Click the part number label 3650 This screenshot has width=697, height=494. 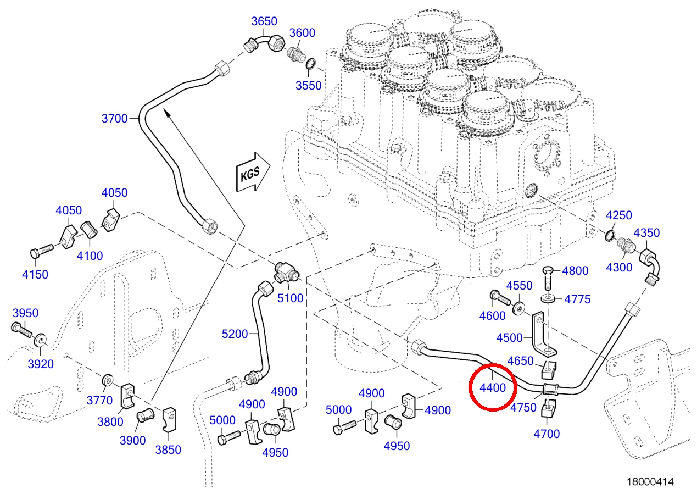(x=264, y=21)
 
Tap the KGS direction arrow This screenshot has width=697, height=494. (x=253, y=172)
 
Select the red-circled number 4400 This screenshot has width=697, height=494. (x=493, y=387)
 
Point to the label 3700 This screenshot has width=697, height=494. (x=114, y=118)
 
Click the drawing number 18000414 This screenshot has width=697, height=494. (x=650, y=482)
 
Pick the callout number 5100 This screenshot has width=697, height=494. (x=290, y=298)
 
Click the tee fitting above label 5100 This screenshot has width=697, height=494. (x=287, y=272)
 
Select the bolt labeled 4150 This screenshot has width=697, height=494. (x=42, y=251)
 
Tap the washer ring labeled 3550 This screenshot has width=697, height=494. (x=310, y=64)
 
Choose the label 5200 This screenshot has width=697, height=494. (x=235, y=334)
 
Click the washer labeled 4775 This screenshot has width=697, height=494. (x=549, y=298)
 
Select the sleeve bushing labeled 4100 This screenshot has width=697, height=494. (x=90, y=230)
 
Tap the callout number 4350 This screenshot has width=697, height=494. (x=646, y=233)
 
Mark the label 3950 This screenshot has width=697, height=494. (x=25, y=313)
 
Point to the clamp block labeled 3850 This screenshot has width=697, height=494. (x=169, y=420)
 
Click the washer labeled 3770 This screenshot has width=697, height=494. (x=108, y=380)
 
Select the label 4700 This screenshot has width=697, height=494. (x=547, y=434)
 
